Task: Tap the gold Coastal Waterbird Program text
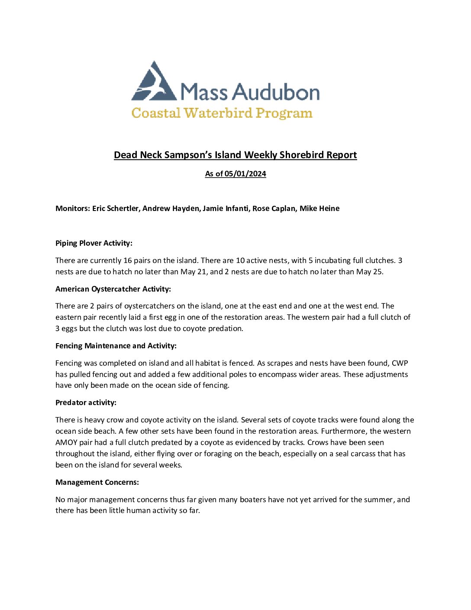(x=222, y=113)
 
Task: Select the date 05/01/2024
(x=245, y=174)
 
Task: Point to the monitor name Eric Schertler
(x=116, y=208)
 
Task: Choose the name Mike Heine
(x=319, y=208)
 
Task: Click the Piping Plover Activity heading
(x=94, y=243)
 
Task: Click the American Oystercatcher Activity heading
(x=113, y=289)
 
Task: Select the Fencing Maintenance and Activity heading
(x=116, y=346)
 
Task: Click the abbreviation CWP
(x=400, y=363)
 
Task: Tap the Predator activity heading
(x=86, y=402)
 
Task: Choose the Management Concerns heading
(x=97, y=482)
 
